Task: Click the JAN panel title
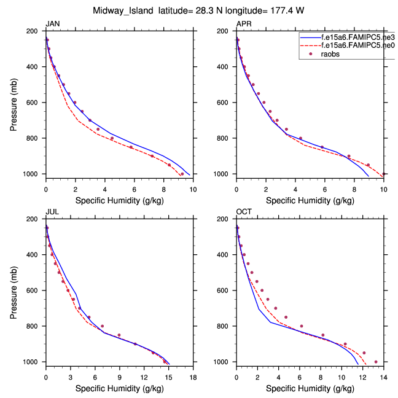(53, 23)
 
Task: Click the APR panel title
(244, 23)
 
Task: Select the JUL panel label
(52, 212)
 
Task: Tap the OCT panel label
(244, 212)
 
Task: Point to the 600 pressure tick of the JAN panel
(34, 103)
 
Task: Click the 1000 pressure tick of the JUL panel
(33, 362)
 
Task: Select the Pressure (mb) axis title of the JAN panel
(14, 103)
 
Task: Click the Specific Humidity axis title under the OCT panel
(310, 389)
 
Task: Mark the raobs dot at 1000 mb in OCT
(376, 362)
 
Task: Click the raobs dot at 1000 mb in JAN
(182, 174)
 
